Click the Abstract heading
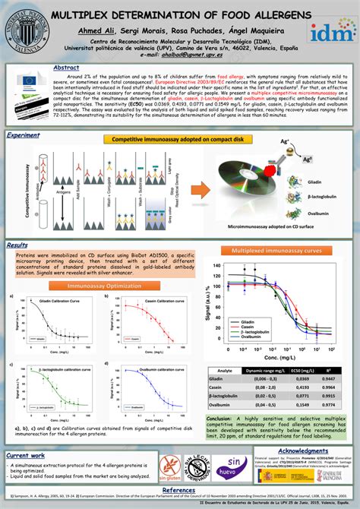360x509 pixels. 68,68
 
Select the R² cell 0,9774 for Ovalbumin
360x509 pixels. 329,405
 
